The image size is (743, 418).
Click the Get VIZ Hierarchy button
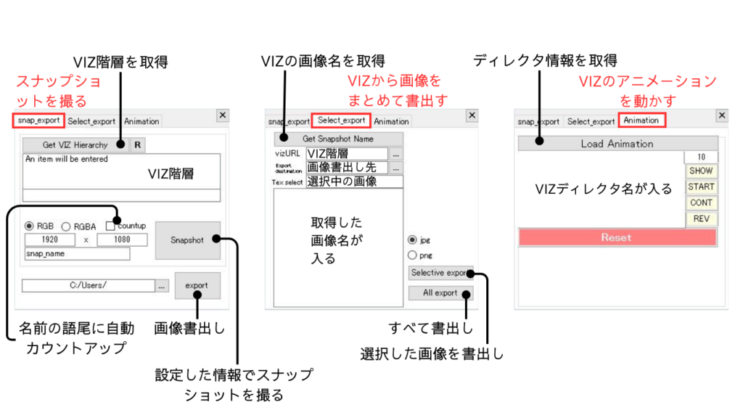tap(75, 145)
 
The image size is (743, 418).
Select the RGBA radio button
tap(65, 226)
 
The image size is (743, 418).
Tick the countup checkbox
tap(111, 226)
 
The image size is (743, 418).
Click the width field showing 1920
tap(50, 239)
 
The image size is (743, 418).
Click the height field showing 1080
tap(122, 239)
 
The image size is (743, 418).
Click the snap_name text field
tap(77, 254)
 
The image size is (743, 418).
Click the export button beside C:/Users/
tap(197, 285)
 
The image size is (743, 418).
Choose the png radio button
tap(412, 255)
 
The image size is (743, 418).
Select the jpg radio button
tap(412, 239)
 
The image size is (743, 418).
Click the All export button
tap(440, 293)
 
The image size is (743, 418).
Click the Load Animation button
tap(617, 144)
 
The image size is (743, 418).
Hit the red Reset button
tap(617, 237)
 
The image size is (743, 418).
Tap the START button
tap(701, 187)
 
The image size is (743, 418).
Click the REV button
tap(701, 218)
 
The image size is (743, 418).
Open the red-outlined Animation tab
tap(641, 120)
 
